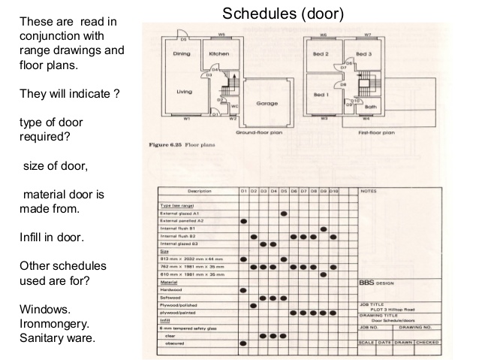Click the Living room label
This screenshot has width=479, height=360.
pos(184,92)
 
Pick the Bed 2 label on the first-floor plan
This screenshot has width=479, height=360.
pos(322,54)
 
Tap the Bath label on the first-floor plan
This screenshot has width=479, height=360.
pos(369,107)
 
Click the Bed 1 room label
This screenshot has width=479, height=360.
pos(322,95)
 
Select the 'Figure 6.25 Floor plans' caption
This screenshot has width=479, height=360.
pos(178,143)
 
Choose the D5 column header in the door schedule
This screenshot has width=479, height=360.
pos(284,192)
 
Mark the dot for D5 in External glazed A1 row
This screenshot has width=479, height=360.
pos(284,213)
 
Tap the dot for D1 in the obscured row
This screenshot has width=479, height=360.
pos(243,343)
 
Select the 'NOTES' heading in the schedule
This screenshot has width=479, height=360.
pos(369,192)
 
